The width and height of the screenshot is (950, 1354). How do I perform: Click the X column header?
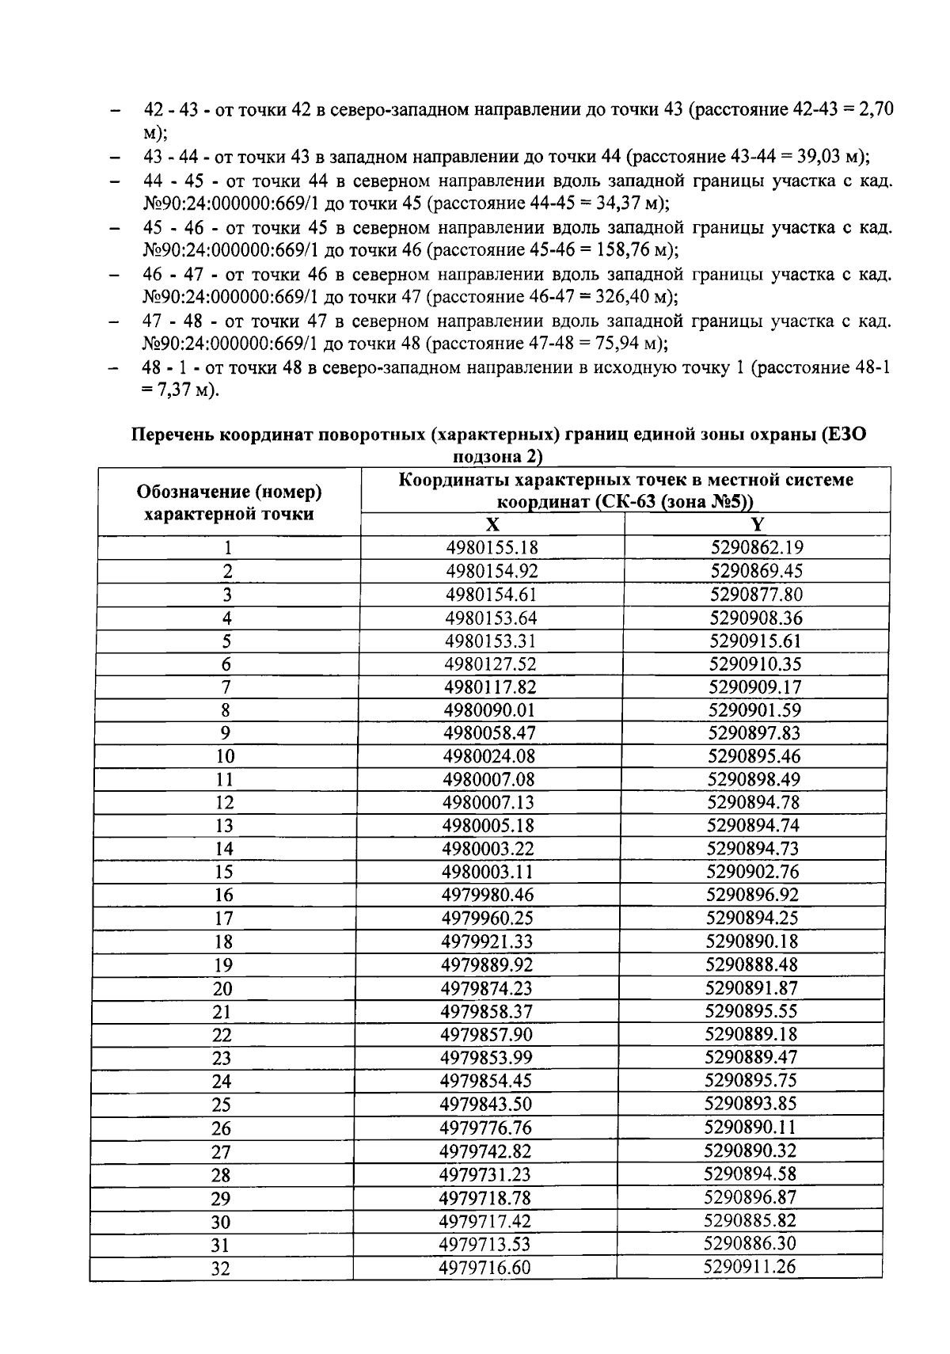(x=492, y=524)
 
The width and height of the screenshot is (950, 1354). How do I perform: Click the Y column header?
(x=757, y=524)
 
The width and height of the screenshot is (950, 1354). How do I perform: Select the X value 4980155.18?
(x=492, y=548)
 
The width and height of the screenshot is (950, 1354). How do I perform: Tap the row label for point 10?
(x=225, y=756)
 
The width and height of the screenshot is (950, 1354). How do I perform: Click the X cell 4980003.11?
(x=488, y=872)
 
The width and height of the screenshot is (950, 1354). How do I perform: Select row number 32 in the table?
(x=221, y=1268)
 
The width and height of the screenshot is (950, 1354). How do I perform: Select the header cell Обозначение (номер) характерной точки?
(x=230, y=502)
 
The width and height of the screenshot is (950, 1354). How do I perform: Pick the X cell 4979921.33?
(x=488, y=941)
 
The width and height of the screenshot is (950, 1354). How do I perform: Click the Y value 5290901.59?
(x=754, y=709)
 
